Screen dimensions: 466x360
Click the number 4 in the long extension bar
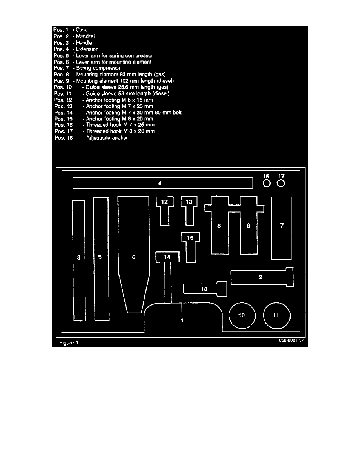160,183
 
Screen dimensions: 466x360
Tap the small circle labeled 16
266,183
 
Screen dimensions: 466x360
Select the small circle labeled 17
281,183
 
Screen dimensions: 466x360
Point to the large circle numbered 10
242,315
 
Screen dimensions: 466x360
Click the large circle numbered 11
276,315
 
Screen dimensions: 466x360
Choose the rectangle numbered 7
282,228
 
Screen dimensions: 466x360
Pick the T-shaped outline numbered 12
165,208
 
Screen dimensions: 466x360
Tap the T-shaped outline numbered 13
189,208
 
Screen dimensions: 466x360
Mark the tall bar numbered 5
100,259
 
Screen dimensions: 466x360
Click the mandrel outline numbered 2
260,277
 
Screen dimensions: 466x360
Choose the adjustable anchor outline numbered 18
205,289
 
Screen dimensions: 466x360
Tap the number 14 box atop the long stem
167,257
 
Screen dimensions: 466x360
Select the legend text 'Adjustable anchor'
105,138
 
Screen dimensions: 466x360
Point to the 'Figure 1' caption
69,343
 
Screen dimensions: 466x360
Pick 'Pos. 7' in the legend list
62,68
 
